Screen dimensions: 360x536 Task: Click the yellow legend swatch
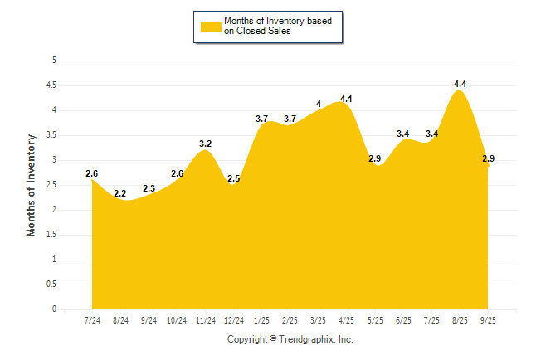click(210, 26)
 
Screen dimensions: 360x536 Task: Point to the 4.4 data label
click(460, 84)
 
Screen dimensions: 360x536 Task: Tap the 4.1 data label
click(347, 100)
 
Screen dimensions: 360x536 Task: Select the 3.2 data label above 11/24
click(206, 144)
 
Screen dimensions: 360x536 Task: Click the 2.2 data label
click(120, 193)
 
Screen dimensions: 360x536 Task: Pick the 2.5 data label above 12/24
click(234, 178)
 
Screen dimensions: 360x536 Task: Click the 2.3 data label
click(149, 188)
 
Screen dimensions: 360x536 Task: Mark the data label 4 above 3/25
click(319, 105)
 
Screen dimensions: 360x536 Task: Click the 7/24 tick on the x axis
click(92, 319)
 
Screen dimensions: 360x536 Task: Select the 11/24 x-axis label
click(205, 319)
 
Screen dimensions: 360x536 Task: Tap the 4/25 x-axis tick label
click(347, 319)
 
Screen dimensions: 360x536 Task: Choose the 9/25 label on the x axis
click(488, 319)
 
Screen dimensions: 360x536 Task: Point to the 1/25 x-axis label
click(262, 319)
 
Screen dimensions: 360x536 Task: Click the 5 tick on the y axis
click(54, 61)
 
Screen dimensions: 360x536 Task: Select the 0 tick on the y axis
click(54, 309)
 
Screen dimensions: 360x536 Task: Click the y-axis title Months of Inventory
click(32, 185)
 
